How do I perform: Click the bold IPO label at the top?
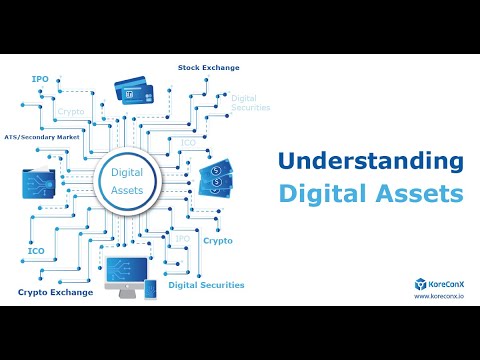pyautogui.click(x=40, y=77)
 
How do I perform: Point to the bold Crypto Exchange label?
pyautogui.click(x=55, y=292)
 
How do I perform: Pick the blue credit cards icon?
pyautogui.click(x=140, y=98)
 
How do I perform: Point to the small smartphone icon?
pyautogui.click(x=150, y=289)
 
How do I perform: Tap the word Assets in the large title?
pyautogui.click(x=425, y=192)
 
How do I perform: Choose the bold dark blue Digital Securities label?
pyautogui.click(x=206, y=285)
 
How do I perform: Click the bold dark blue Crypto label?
pyautogui.click(x=217, y=241)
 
